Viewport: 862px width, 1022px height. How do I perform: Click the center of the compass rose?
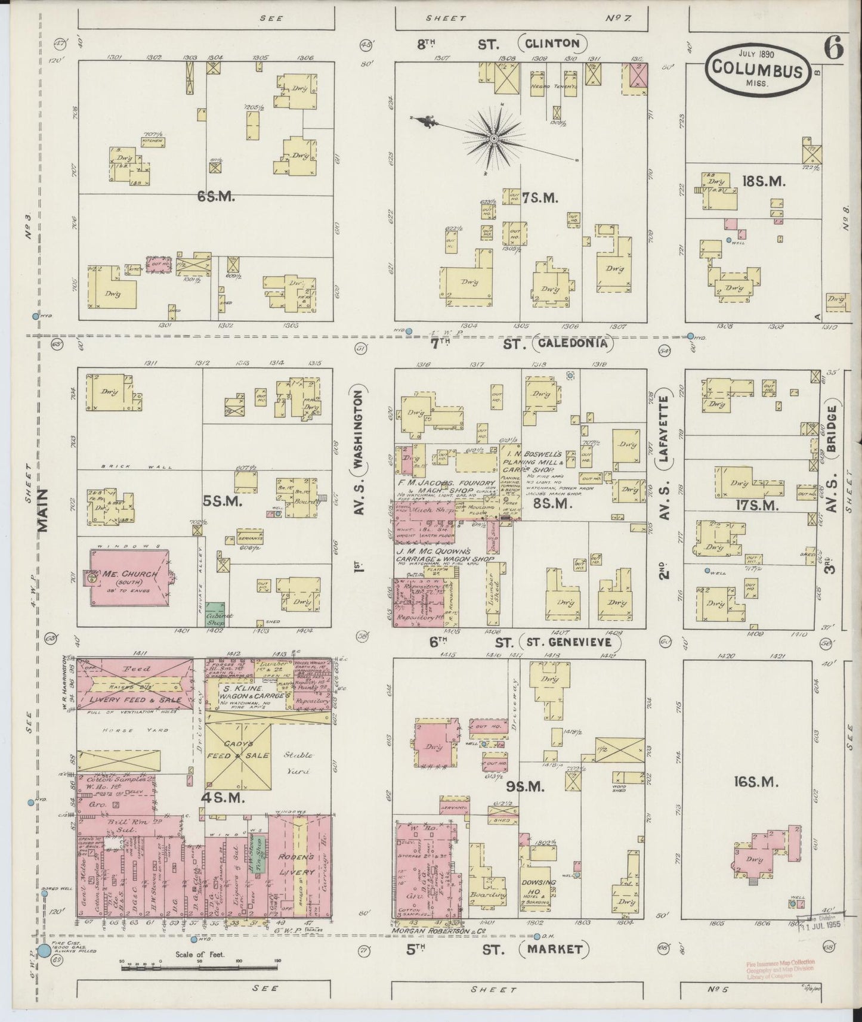click(x=493, y=140)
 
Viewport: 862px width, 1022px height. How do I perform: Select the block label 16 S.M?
click(x=757, y=782)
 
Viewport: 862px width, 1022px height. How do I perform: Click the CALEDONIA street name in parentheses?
click(x=572, y=343)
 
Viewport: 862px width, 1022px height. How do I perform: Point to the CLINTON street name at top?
click(x=553, y=43)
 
